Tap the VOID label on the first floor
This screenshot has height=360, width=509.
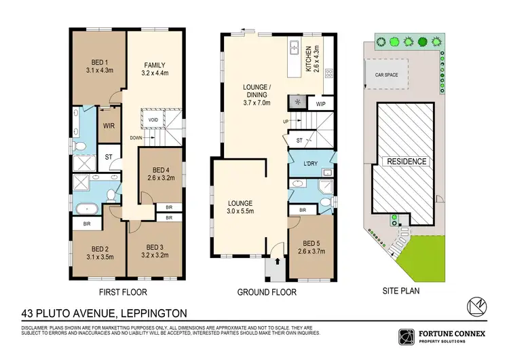pyautogui.click(x=153, y=119)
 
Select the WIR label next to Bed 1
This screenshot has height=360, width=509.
pyautogui.click(x=108, y=126)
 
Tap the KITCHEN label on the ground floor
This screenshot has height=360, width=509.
pyautogui.click(x=307, y=60)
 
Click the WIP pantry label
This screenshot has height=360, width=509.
pyautogui.click(x=321, y=104)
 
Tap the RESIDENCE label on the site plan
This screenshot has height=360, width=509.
pyautogui.click(x=407, y=162)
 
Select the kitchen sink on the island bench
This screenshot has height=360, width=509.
pyautogui.click(x=295, y=48)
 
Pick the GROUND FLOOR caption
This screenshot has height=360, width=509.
pyautogui.click(x=267, y=292)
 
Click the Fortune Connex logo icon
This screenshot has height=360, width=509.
pyautogui.click(x=405, y=336)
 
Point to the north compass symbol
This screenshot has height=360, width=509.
pyautogui.click(x=478, y=306)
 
